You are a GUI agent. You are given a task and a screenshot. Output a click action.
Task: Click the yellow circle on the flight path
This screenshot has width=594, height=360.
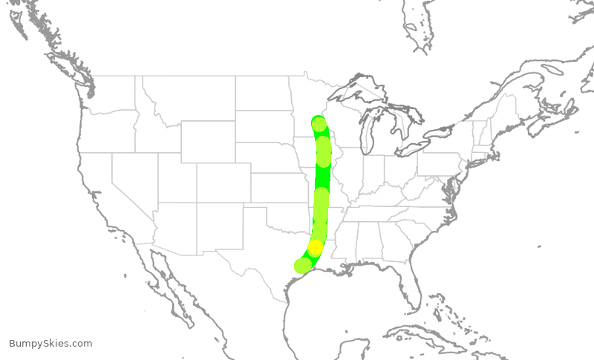[316, 247]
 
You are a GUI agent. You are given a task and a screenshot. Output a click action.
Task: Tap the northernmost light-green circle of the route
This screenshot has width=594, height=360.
[319, 124]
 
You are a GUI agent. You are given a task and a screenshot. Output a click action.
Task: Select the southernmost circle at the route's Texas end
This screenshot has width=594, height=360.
[302, 266]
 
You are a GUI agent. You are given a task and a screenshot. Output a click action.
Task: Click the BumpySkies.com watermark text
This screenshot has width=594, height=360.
[50, 344]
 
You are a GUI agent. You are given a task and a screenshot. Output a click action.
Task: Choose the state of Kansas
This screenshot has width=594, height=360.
[278, 189]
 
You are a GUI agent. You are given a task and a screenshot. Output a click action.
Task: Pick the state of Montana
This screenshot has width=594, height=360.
[186, 100]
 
